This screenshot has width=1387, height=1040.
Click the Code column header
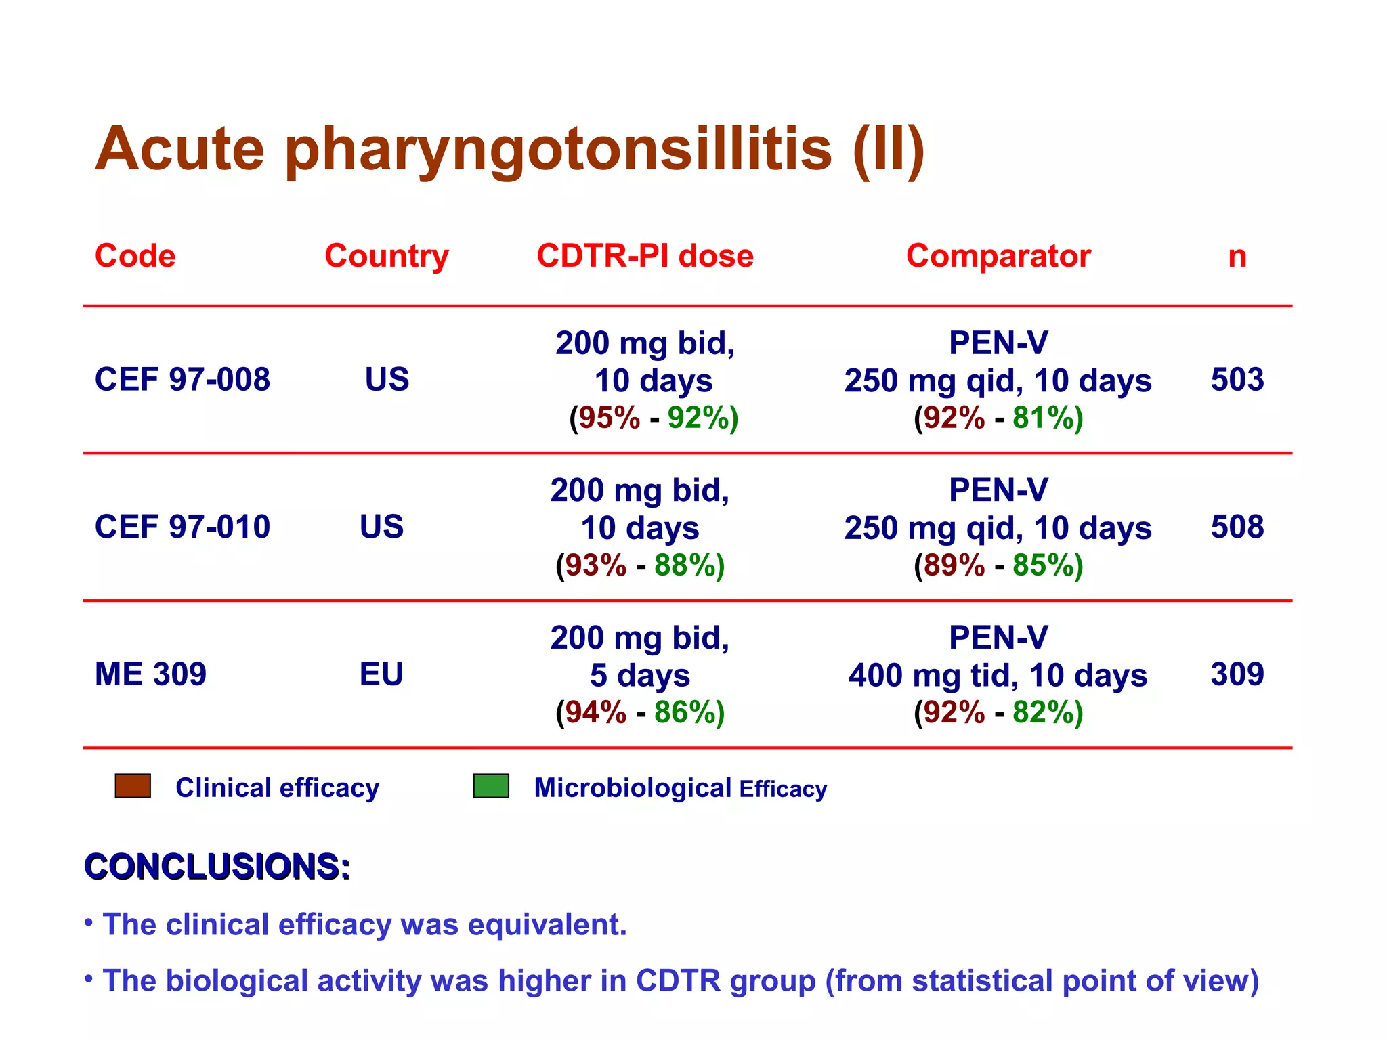pyautogui.click(x=135, y=256)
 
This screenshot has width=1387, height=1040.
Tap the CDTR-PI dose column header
pyautogui.click(x=645, y=256)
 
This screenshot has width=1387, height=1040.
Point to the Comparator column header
pyautogui.click(x=998, y=256)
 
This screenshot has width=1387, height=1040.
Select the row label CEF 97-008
pyautogui.click(x=182, y=379)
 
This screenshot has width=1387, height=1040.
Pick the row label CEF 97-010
pyautogui.click(x=182, y=527)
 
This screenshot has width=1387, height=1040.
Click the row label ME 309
pyautogui.click(x=150, y=674)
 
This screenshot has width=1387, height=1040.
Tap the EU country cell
pyautogui.click(x=381, y=674)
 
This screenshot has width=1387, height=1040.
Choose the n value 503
pyautogui.click(x=1237, y=379)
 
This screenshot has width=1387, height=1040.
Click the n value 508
pyautogui.click(x=1237, y=527)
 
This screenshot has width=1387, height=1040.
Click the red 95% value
pyautogui.click(x=609, y=418)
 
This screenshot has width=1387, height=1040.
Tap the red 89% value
pyautogui.click(x=954, y=565)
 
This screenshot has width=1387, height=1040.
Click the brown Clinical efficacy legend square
pyautogui.click(x=133, y=786)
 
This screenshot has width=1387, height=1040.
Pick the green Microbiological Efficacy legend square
pyautogui.click(x=491, y=786)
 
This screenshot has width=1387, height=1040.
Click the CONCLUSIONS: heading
pyautogui.click(x=217, y=867)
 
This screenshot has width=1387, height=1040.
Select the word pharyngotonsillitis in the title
pyautogui.click(x=558, y=150)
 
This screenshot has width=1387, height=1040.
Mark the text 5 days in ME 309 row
pyautogui.click(x=639, y=675)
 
